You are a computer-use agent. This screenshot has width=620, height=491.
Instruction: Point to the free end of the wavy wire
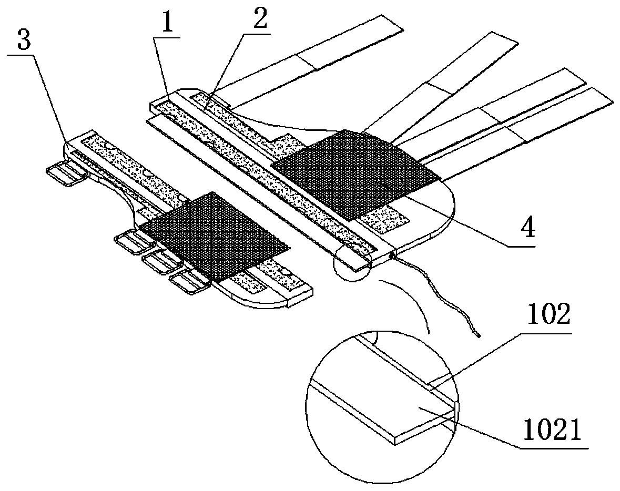pos(479,333)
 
